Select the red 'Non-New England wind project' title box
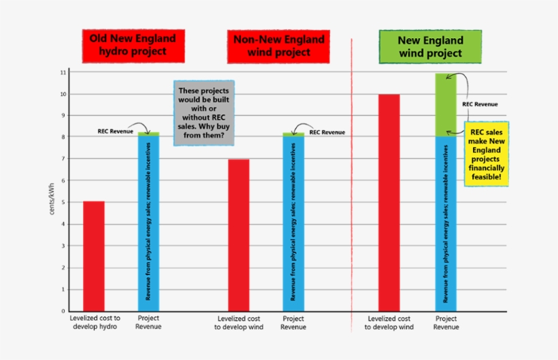pos(278,46)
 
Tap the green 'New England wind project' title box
pos(430,46)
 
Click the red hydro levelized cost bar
pos(94,256)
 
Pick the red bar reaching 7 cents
pos(239,235)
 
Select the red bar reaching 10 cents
pos(389,202)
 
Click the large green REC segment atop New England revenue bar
pos(446,105)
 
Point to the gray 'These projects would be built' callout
pos(203,115)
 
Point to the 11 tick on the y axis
pos(63,72)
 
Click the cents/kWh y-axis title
pos(52,198)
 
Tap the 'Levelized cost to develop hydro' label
pos(95,323)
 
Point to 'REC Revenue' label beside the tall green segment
pos(480,104)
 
